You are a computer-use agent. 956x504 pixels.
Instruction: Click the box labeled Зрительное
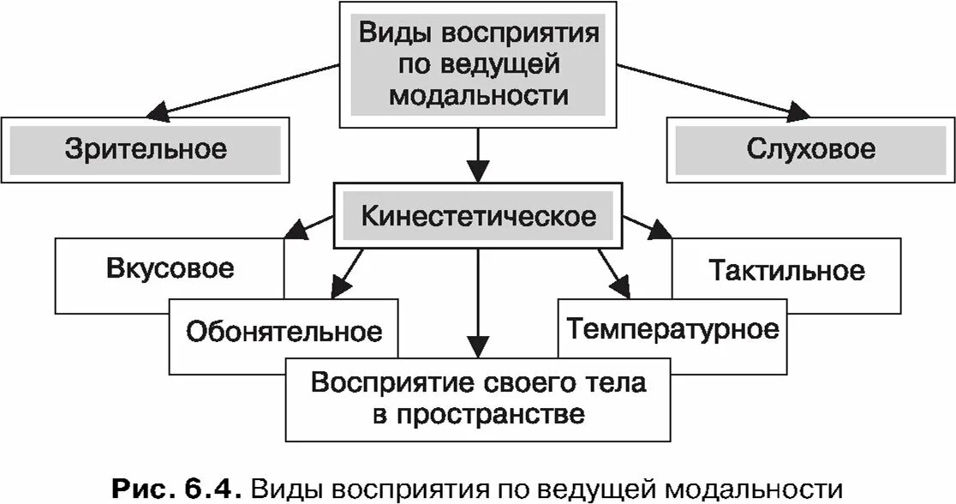click(x=146, y=149)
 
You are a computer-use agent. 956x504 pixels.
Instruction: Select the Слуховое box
click(x=810, y=149)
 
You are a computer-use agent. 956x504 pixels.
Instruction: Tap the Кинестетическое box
click(x=477, y=215)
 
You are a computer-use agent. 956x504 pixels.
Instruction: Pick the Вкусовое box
click(x=170, y=269)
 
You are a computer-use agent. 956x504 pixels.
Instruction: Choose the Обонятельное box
click(x=284, y=330)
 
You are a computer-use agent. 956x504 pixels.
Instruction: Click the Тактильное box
click(x=786, y=271)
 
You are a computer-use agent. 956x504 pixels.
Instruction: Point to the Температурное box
click(x=672, y=328)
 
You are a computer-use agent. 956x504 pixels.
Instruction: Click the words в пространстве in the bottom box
click(x=479, y=414)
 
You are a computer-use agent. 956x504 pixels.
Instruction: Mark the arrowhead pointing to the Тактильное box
click(x=660, y=230)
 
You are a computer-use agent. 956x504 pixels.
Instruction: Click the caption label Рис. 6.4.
click(x=181, y=488)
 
